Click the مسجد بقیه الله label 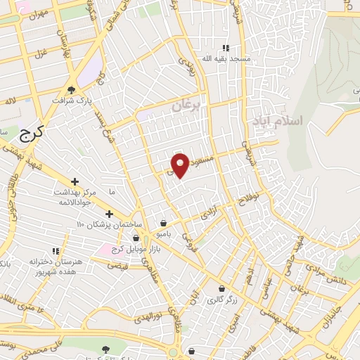[224, 59]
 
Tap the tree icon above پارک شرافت [71, 89]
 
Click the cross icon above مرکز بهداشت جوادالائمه [75, 181]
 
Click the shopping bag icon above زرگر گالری [222, 288]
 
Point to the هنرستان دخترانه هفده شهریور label [56, 266]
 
